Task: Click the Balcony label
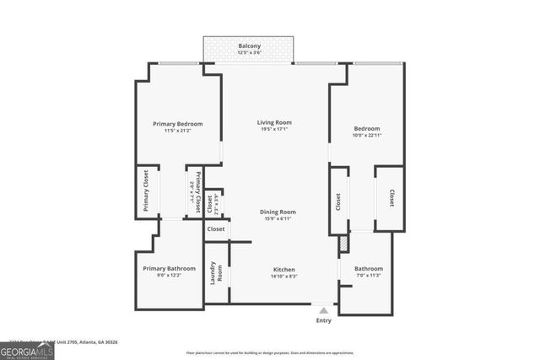(249, 46)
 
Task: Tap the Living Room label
(274, 123)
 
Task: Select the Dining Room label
(277, 212)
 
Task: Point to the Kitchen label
(283, 269)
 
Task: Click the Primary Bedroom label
(177, 124)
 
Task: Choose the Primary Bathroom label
(169, 268)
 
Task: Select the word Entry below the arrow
(324, 320)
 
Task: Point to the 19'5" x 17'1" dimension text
(274, 131)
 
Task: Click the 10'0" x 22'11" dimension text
(367, 135)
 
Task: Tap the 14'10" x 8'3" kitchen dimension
(283, 277)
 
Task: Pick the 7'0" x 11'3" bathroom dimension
(369, 276)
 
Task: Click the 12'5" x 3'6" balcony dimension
(249, 53)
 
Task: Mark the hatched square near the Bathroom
(343, 244)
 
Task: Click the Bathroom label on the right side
(369, 268)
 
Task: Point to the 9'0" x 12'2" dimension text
(169, 276)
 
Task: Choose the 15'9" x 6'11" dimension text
(277, 219)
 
